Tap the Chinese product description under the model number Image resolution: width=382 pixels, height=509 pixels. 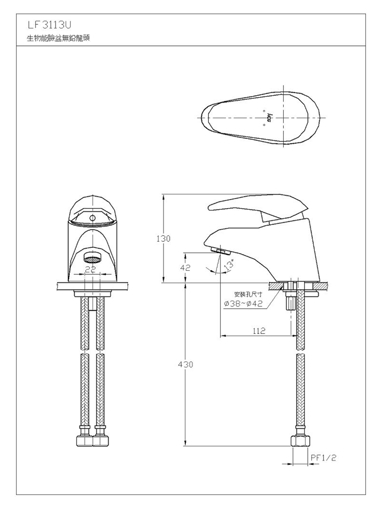pyautogui.click(x=58, y=38)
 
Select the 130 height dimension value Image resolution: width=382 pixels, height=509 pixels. pyautogui.click(x=163, y=239)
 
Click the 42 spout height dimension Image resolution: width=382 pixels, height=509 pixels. pyautogui.click(x=185, y=268)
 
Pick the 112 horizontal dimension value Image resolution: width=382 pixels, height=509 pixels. pyautogui.click(x=259, y=331)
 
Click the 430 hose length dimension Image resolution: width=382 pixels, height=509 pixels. pyautogui.click(x=185, y=364)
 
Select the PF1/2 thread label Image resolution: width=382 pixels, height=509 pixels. pyautogui.click(x=323, y=458)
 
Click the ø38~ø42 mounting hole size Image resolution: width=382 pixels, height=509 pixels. pyautogui.click(x=243, y=304)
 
